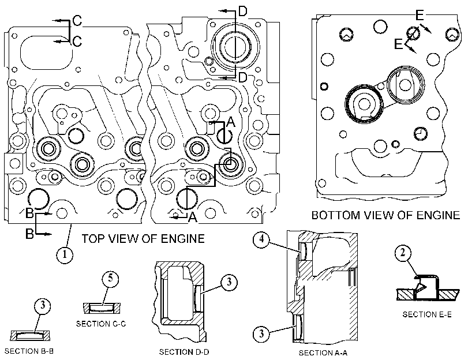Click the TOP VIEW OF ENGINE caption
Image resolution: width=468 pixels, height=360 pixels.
[x=143, y=239]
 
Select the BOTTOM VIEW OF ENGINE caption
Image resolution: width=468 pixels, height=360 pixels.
[x=385, y=215]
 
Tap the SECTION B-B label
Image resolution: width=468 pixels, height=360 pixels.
[x=29, y=351]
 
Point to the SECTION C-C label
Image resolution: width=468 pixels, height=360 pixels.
[x=101, y=324]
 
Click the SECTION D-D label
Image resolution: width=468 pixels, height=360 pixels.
[x=184, y=352]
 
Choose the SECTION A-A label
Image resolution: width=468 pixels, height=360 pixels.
[x=323, y=353]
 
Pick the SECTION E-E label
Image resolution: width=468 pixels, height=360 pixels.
[x=427, y=314]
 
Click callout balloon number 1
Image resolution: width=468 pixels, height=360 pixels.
[x=65, y=255]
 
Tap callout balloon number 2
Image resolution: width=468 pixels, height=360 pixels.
[x=403, y=253]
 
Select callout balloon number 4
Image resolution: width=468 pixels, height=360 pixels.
[x=261, y=239]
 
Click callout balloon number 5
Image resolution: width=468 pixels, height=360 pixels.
[x=110, y=279]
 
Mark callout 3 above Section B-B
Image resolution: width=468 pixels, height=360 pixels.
[x=43, y=306]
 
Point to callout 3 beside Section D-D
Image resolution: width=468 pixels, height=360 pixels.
[x=229, y=282]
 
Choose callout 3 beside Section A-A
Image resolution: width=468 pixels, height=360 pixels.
[x=261, y=333]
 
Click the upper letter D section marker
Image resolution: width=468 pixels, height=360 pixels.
[x=243, y=12]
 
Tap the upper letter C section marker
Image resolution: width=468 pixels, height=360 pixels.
[x=77, y=21]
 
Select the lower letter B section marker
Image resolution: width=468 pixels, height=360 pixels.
[x=29, y=234]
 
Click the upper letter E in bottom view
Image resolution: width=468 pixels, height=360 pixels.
[x=420, y=15]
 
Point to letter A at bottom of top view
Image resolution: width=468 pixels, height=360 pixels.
[x=193, y=217]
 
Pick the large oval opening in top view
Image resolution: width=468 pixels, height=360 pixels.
[x=47, y=53]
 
